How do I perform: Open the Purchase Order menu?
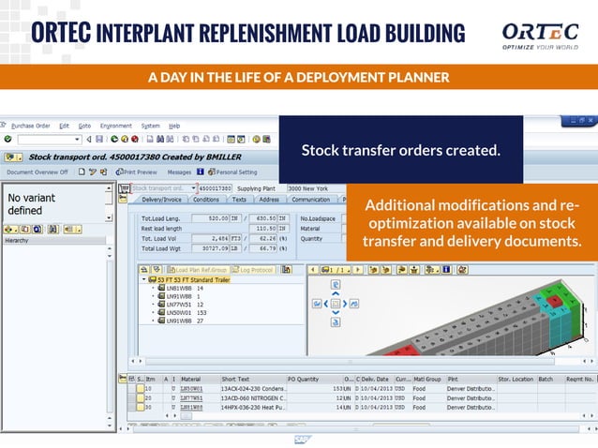pyautogui.click(x=30, y=126)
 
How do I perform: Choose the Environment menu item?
pyautogui.click(x=116, y=126)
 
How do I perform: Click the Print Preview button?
pyautogui.click(x=140, y=172)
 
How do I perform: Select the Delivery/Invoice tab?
pyautogui.click(x=161, y=200)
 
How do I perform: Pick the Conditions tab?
pyautogui.click(x=206, y=200)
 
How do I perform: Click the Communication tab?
pyautogui.click(x=310, y=200)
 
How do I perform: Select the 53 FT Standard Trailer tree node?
pyautogui.click(x=191, y=279)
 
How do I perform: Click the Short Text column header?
pyautogui.click(x=236, y=380)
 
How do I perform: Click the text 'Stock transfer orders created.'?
pyautogui.click(x=400, y=150)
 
